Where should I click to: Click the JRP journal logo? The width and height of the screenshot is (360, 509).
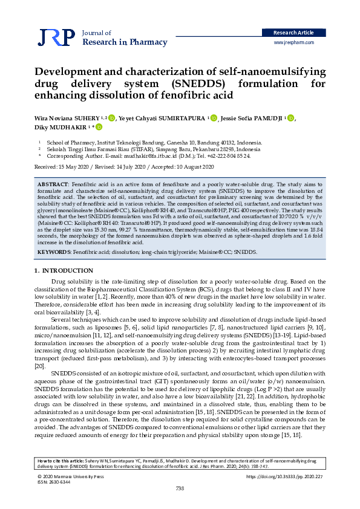(x=56, y=37)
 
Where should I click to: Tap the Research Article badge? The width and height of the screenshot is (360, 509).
(x=293, y=33)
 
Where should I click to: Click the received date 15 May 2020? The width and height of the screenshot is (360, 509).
(x=73, y=166)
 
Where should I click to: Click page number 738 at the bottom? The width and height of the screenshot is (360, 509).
(x=180, y=488)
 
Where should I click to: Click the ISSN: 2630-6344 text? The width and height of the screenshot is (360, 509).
(x=54, y=482)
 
